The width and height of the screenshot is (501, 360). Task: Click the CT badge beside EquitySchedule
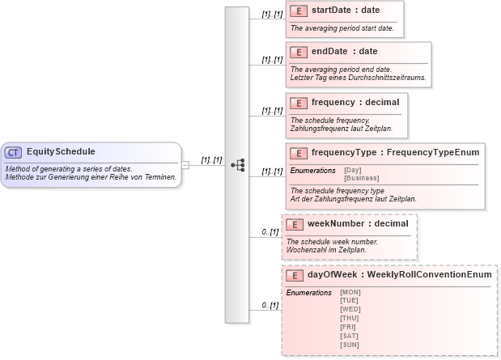point(14,152)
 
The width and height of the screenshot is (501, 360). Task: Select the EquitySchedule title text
point(61,152)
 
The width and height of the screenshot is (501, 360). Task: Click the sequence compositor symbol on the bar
point(238,164)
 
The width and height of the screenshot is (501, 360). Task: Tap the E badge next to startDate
point(299,11)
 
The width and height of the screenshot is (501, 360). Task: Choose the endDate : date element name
point(339,52)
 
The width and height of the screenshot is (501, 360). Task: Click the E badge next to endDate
point(299,52)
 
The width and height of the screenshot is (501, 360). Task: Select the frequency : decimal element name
point(355,103)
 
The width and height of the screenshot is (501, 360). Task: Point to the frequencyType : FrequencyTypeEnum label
point(395,152)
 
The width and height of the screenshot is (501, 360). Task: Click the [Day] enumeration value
point(353,170)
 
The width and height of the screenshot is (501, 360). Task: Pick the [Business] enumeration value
point(361,178)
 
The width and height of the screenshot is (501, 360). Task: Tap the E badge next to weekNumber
point(295,224)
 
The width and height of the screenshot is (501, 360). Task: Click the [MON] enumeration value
point(350,292)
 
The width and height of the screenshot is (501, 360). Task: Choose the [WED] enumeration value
point(350,309)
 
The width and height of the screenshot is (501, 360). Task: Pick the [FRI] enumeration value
point(349,327)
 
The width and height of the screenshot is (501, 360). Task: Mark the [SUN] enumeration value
point(350,345)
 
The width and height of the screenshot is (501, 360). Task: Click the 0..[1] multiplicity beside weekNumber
point(270,232)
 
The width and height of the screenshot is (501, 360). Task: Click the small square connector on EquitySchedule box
point(185,164)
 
